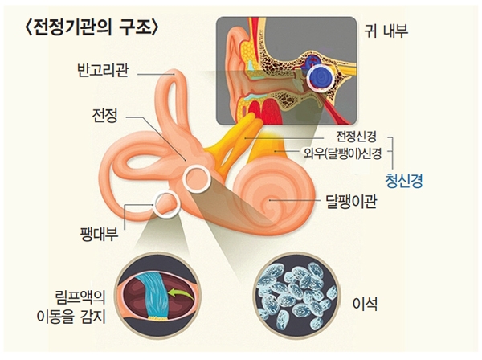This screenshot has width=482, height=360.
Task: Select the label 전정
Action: click(x=104, y=117)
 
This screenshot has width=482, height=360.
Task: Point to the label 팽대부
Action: click(x=100, y=234)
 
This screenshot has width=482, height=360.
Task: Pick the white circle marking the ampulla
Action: click(x=167, y=205)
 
